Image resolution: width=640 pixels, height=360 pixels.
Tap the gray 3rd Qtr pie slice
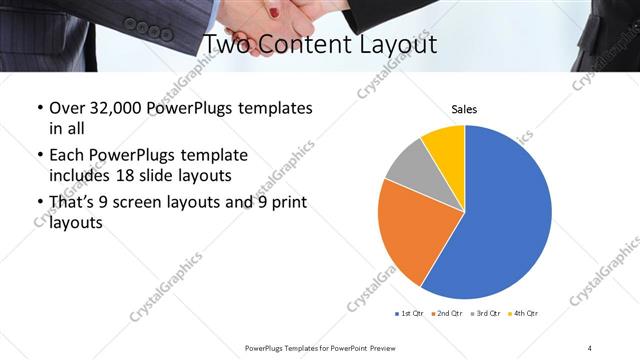(409, 169)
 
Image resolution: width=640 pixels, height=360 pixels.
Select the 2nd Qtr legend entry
(445, 314)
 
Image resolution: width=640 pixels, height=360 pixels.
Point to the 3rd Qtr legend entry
(485, 314)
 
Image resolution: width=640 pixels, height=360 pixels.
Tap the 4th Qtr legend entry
(523, 314)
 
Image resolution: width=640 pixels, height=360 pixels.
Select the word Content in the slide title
(308, 45)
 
